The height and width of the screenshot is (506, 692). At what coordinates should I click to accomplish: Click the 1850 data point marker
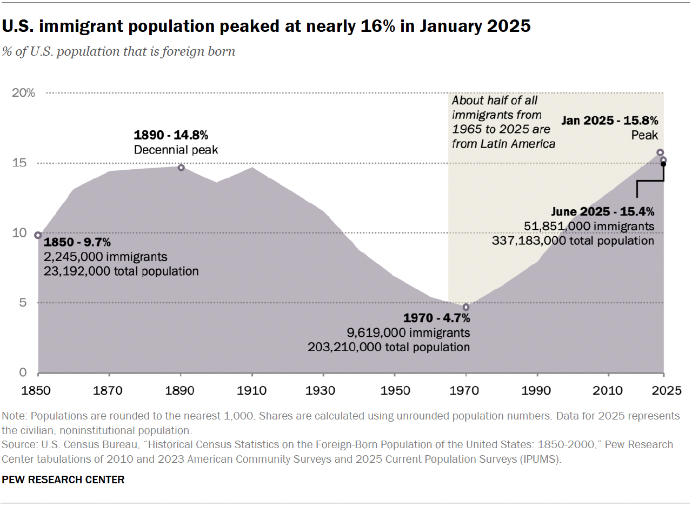(38, 235)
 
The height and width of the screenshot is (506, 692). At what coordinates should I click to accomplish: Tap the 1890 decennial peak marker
(181, 168)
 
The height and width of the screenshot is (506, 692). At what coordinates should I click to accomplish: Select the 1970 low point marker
(466, 307)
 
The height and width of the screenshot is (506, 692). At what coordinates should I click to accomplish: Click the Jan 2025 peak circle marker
(660, 152)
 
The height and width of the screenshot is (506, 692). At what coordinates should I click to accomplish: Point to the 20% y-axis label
(23, 93)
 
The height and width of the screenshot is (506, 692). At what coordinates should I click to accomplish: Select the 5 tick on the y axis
(23, 303)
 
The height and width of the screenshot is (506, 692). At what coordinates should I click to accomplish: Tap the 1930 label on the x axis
(323, 390)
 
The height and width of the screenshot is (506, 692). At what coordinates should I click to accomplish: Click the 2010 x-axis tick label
(608, 390)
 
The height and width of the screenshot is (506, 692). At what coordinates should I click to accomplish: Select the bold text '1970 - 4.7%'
(437, 318)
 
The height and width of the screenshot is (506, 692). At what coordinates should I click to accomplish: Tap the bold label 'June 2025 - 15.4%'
(602, 211)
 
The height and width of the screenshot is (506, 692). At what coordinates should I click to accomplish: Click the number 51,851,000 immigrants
(589, 226)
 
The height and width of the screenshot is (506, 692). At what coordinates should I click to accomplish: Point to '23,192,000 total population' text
(121, 271)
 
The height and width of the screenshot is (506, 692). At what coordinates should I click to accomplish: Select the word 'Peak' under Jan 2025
(644, 136)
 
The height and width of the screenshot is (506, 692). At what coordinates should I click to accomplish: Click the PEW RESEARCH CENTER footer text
(63, 480)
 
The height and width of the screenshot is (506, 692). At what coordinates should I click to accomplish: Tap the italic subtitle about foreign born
(118, 52)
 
